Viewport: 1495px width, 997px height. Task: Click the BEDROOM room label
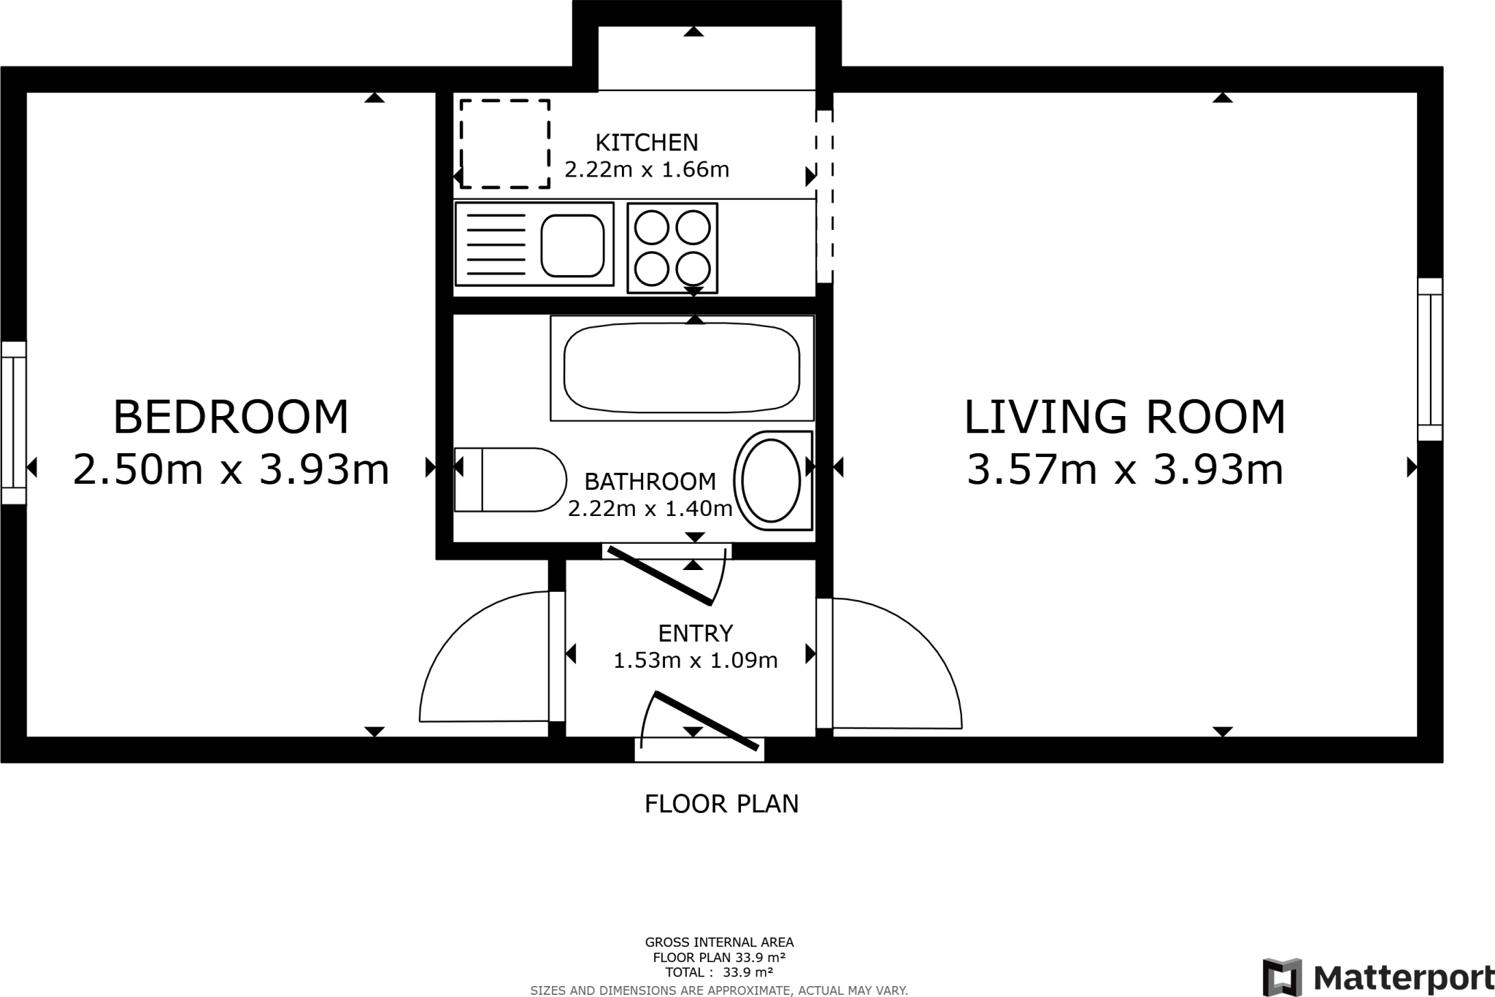click(231, 417)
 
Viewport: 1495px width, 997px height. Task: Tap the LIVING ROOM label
click(1125, 417)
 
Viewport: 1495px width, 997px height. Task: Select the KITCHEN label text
click(647, 142)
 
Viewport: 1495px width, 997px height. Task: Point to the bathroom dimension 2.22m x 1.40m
click(650, 508)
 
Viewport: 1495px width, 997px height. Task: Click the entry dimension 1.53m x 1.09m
click(695, 661)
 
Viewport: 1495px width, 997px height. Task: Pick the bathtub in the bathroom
click(682, 368)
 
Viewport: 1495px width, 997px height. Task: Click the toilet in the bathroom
click(510, 480)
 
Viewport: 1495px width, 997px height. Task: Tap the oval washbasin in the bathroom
click(772, 480)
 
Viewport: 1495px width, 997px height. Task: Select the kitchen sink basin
click(572, 245)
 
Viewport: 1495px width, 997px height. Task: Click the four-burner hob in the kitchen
click(672, 248)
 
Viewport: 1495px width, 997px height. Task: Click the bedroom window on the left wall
click(14, 423)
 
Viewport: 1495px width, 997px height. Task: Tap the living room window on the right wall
click(1430, 359)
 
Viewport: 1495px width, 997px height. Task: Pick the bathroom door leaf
click(660, 576)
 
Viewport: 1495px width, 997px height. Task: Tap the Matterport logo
click(1379, 977)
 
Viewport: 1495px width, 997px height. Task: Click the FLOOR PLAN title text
click(721, 804)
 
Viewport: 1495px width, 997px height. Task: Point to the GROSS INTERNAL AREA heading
click(719, 942)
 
